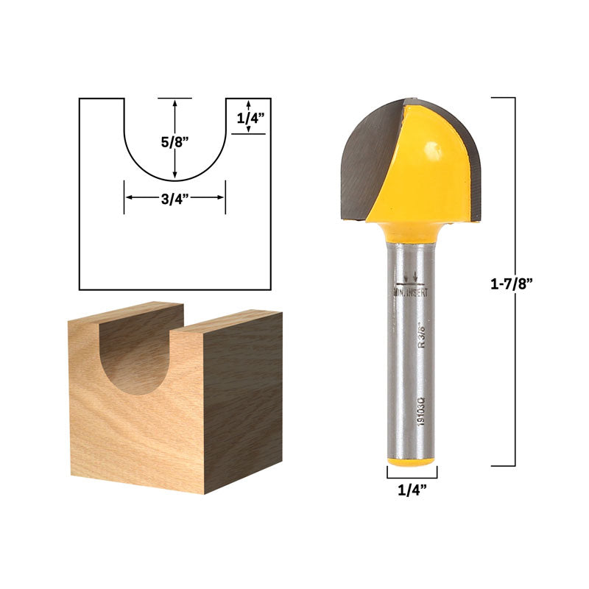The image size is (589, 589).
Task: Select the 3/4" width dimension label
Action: click(x=174, y=197)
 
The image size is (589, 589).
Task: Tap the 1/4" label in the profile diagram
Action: click(x=250, y=116)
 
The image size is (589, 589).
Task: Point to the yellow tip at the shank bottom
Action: click(x=412, y=461)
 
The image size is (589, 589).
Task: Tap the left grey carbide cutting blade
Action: click(x=368, y=158)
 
